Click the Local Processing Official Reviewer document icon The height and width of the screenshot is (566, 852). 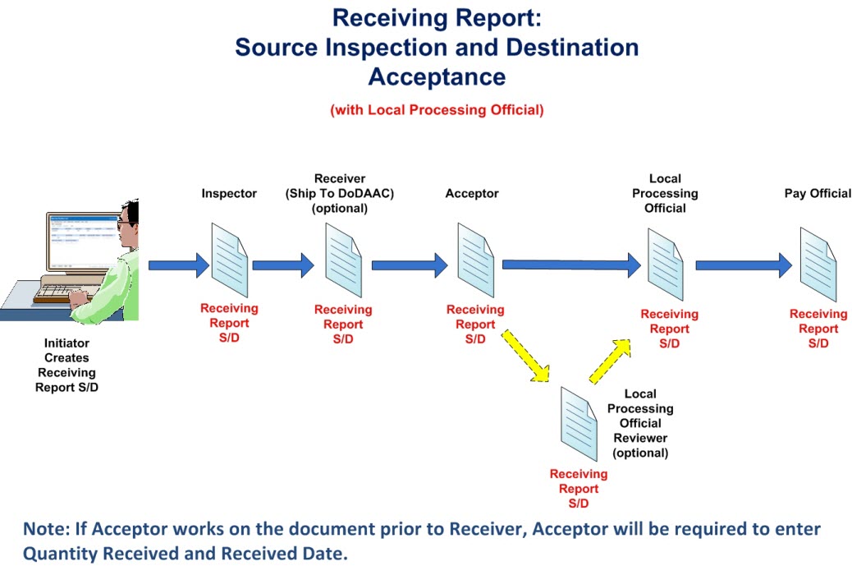[x=578, y=426]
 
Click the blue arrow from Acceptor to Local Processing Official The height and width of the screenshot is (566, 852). [x=570, y=265]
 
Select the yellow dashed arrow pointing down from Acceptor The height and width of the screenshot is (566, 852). [x=526, y=356]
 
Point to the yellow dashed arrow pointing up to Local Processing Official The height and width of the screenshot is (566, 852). [x=611, y=361]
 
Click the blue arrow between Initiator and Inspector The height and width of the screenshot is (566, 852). [x=179, y=265]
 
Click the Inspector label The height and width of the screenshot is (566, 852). [x=229, y=194]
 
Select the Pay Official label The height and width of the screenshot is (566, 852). [x=818, y=194]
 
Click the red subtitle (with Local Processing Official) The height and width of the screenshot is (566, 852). [x=437, y=110]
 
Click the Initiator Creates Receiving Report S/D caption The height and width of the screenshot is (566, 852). [x=66, y=366]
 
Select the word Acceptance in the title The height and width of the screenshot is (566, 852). [x=437, y=76]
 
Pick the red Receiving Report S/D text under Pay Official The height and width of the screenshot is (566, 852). [x=818, y=329]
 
